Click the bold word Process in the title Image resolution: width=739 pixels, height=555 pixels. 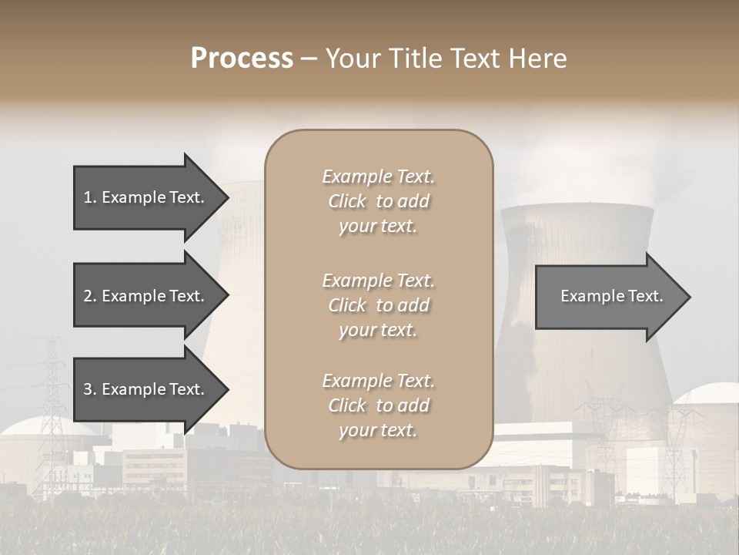[242, 59]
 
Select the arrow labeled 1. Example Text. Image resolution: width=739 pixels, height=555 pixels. [146, 197]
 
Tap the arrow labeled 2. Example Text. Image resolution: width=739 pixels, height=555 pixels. [146, 296]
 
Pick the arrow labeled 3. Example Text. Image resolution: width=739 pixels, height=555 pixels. [146, 389]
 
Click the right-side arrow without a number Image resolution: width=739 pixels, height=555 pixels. [611, 296]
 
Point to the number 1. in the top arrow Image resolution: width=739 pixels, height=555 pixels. [89, 197]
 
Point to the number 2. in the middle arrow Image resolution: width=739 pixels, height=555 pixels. [89, 296]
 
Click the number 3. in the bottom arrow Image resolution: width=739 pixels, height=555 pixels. [89, 389]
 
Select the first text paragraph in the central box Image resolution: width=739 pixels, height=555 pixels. [378, 201]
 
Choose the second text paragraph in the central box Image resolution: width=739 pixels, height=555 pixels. [378, 305]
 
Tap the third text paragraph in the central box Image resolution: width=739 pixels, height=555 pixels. [378, 405]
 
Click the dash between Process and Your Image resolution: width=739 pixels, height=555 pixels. [309, 59]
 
